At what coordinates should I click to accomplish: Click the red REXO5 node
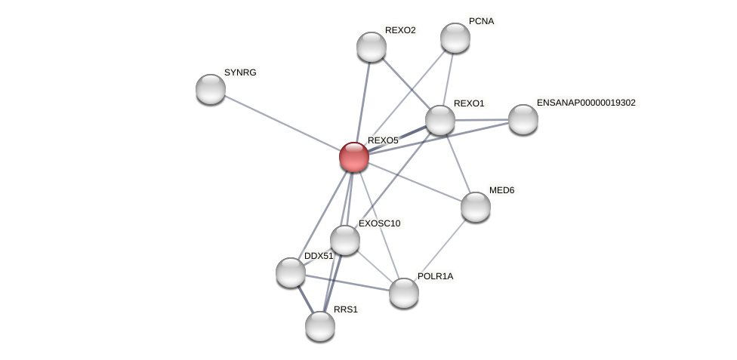point(353,157)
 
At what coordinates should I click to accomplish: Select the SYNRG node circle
point(211,89)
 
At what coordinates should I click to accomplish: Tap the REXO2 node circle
point(372,47)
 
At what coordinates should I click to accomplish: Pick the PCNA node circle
point(455,38)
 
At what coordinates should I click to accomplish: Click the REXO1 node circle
point(440,120)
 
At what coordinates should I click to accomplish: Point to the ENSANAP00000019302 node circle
point(523,119)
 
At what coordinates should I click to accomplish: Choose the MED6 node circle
point(476,207)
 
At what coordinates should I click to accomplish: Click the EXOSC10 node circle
point(345,240)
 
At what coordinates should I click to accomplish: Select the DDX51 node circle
point(291,272)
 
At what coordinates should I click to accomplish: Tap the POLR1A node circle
point(404,293)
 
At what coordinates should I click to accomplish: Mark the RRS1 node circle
point(320,326)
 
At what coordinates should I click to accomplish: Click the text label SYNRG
point(241,72)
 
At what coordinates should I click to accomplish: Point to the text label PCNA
point(481,21)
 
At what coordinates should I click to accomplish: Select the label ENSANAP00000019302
point(586,103)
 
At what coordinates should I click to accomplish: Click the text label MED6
point(501,190)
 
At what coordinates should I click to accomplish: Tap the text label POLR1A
point(435,276)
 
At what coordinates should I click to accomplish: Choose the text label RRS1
point(346,309)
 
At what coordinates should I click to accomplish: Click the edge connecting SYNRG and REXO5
point(282,123)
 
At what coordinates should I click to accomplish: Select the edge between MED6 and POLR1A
point(440,250)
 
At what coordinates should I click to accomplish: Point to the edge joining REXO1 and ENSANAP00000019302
point(482,119)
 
